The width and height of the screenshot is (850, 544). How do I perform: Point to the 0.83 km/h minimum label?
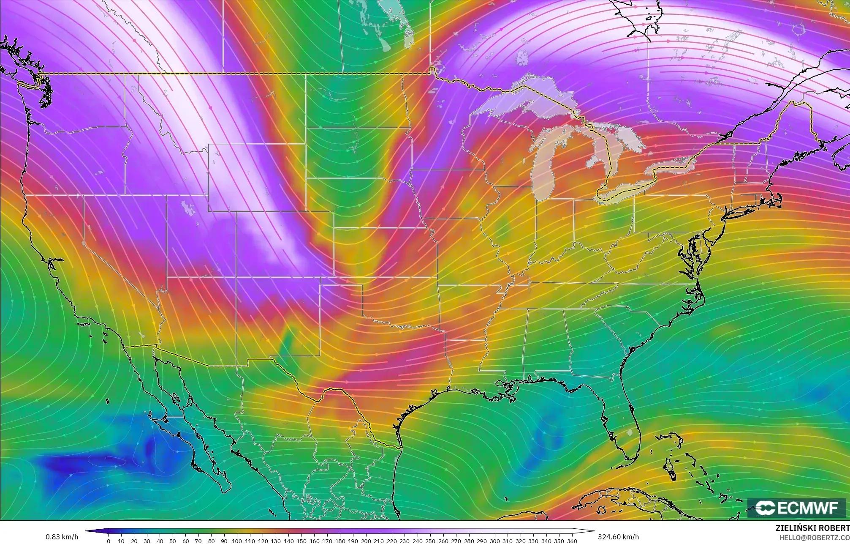pos(62,537)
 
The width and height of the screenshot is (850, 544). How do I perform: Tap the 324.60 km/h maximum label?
pos(618,537)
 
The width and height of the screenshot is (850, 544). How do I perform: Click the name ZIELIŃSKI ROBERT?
pos(812,528)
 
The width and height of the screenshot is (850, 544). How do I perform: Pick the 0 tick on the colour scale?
pos(109,541)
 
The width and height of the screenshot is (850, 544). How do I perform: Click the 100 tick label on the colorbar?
pos(237,541)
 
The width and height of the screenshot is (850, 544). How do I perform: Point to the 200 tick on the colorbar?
pos(366,541)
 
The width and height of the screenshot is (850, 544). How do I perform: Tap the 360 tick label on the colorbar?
pos(572,541)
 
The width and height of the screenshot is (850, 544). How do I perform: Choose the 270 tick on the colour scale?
pos(456,541)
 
